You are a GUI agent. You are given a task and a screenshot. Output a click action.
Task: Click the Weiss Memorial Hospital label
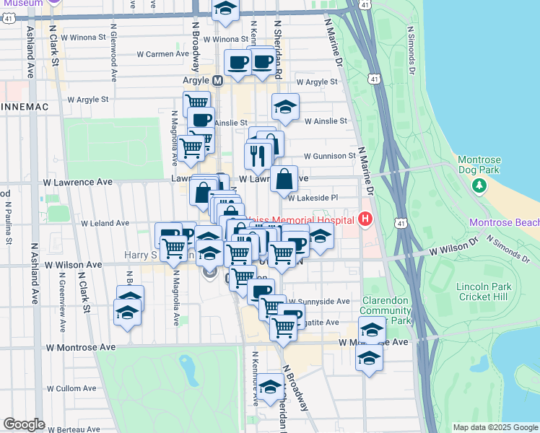click(303, 219)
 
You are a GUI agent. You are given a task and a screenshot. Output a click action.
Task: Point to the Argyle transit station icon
click(217, 81)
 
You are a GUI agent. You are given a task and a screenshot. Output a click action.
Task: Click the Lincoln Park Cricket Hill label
click(484, 292)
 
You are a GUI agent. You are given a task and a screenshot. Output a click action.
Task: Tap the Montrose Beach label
click(504, 223)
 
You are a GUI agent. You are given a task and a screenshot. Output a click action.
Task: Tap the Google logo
click(25, 424)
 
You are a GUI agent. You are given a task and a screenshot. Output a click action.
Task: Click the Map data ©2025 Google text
click(495, 427)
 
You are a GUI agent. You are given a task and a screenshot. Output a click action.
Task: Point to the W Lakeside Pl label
click(313, 197)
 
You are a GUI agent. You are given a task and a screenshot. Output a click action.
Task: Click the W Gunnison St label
click(330, 156)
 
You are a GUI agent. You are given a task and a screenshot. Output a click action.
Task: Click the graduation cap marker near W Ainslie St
click(285, 107)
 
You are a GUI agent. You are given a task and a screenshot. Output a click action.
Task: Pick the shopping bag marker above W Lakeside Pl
click(284, 178)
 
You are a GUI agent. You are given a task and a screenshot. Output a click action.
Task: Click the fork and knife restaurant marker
click(257, 154)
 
